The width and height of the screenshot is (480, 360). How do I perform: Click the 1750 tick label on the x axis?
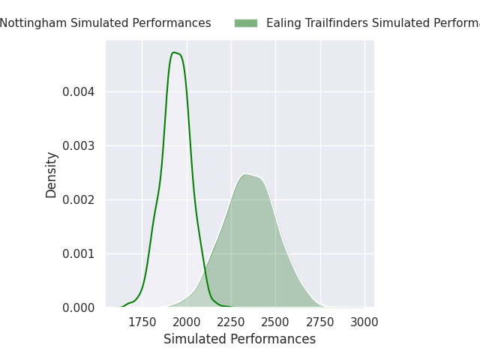click(x=142, y=322)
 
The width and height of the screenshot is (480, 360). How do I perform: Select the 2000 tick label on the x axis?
click(x=186, y=322)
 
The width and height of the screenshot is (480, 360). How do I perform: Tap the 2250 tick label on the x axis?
click(x=231, y=322)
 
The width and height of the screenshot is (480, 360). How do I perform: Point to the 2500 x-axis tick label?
click(x=275, y=322)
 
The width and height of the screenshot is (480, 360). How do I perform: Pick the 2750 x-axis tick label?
click(x=320, y=322)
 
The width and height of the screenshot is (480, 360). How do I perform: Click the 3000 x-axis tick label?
click(x=364, y=322)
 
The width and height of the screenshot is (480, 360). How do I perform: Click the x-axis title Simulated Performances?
click(x=239, y=339)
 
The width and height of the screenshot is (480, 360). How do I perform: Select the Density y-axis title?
click(x=51, y=175)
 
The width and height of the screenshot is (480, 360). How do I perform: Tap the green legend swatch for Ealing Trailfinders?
click(x=245, y=23)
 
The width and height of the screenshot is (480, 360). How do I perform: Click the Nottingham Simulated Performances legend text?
click(x=105, y=23)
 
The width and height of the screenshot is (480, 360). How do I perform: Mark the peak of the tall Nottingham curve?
click(x=174, y=52)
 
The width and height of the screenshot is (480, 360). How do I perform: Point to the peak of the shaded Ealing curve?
click(x=245, y=174)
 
